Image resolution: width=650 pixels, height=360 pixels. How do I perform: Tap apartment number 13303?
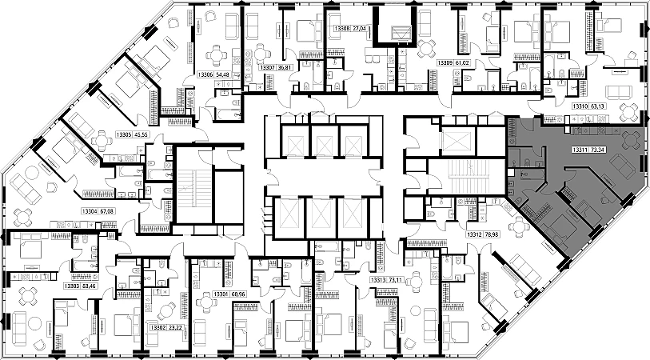click(x=73, y=286)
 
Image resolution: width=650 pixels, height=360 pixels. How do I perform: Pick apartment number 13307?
click(x=268, y=68)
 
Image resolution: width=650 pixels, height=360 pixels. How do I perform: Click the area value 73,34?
click(x=600, y=149)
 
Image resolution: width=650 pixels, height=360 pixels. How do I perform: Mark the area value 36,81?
click(x=289, y=68)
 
